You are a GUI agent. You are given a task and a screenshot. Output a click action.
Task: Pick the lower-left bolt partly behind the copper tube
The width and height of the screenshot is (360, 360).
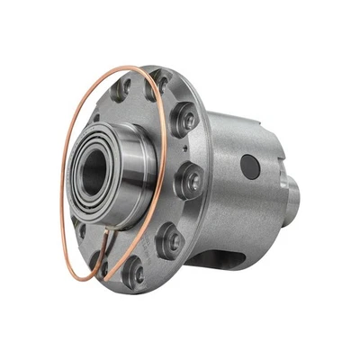coord(99,256)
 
